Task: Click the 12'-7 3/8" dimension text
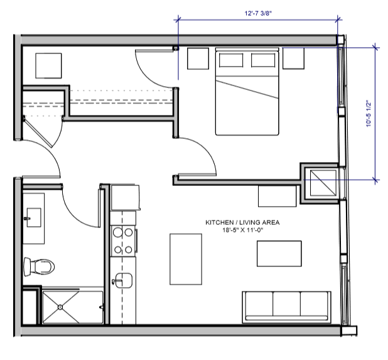(258, 11)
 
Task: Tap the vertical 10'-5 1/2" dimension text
(369, 114)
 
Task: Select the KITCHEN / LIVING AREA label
(242, 222)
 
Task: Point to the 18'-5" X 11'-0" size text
(242, 231)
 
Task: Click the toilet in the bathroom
(37, 266)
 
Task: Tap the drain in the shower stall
(60, 307)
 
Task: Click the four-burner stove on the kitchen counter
(122, 241)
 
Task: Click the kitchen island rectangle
(186, 258)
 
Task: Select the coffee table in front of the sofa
(279, 253)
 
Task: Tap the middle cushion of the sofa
(286, 306)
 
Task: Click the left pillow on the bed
(230, 61)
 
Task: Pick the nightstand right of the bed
(293, 58)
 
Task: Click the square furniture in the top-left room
(48, 65)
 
